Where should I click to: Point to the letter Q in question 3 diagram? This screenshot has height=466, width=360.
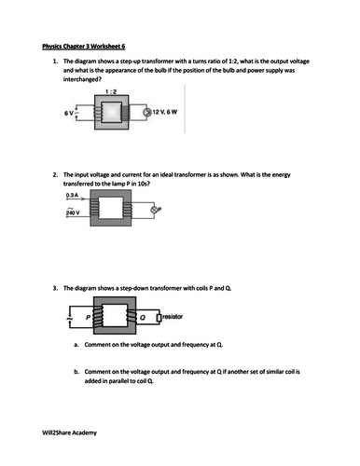143,318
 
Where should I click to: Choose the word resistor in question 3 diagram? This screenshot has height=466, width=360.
176,317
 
